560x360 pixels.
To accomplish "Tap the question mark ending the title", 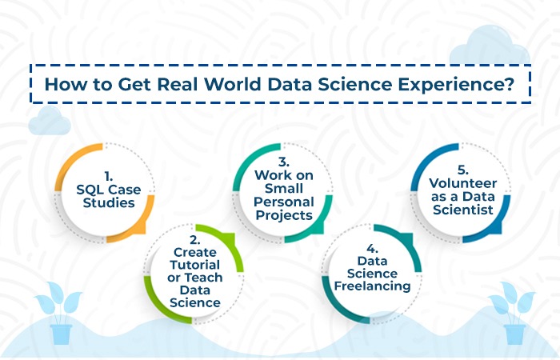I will (509, 84).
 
